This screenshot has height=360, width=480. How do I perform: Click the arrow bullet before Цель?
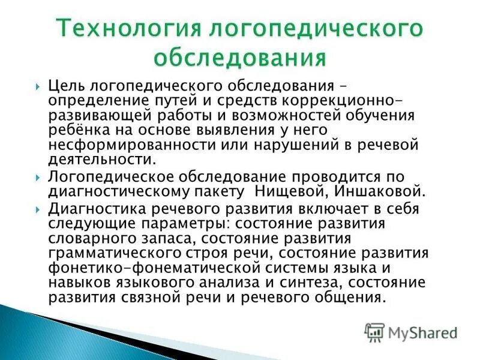[39, 86]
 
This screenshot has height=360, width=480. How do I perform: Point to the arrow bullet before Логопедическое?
[39, 178]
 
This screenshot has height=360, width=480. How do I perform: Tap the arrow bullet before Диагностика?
[39, 209]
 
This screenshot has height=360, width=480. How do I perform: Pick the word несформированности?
[128, 145]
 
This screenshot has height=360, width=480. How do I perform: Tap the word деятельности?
[97, 160]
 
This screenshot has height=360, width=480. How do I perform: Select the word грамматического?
[116, 253]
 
